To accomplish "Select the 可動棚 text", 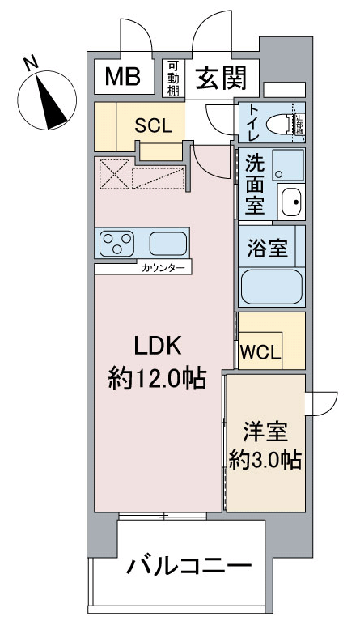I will coord(172,79).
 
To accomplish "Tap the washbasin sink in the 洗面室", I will coord(290,200).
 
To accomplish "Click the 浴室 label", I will coord(266,249).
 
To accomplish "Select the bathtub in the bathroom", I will coord(272,287).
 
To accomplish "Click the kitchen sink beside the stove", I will coord(167,243).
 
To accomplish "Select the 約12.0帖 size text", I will coord(156,377).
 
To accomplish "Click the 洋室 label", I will coord(264,430).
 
